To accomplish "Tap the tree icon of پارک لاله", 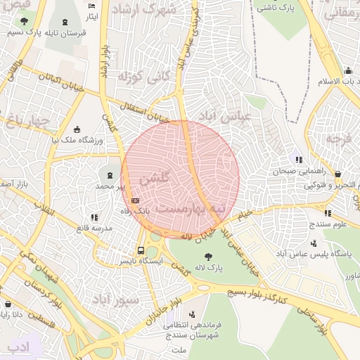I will coord(208,257).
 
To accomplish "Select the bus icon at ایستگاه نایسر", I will coord(141,250).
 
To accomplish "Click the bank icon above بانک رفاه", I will coord(135,201).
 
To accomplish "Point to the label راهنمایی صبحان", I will coord(302,172).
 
